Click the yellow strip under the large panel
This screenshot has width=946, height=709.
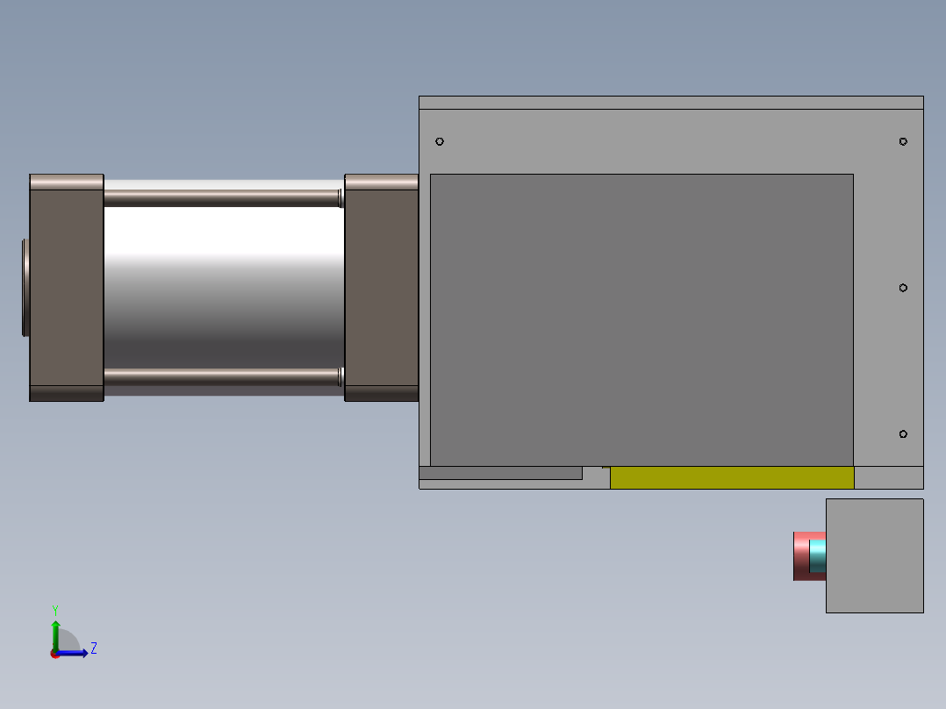click(x=732, y=478)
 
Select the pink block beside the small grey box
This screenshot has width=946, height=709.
click(x=800, y=555)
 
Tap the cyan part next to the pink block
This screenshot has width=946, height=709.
click(x=818, y=556)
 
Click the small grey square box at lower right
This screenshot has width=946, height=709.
click(x=874, y=555)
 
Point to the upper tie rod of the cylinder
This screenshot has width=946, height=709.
click(x=221, y=198)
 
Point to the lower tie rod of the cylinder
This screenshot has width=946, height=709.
click(x=221, y=377)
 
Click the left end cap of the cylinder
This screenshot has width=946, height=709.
click(x=67, y=288)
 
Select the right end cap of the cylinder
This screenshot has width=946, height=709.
click(x=381, y=288)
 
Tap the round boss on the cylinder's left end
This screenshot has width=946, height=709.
click(x=26, y=287)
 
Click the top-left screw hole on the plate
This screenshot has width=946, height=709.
click(x=440, y=141)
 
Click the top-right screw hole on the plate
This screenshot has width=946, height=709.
click(x=903, y=141)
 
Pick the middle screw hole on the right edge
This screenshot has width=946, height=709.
click(x=903, y=288)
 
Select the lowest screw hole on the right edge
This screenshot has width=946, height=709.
click(x=903, y=434)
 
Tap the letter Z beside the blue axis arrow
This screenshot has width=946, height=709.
click(x=93, y=648)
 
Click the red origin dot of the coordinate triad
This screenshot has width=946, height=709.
click(x=54, y=654)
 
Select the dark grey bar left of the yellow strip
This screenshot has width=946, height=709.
click(x=500, y=473)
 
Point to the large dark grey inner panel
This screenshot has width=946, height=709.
click(x=641, y=319)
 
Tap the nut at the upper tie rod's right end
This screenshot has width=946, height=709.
click(x=340, y=197)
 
